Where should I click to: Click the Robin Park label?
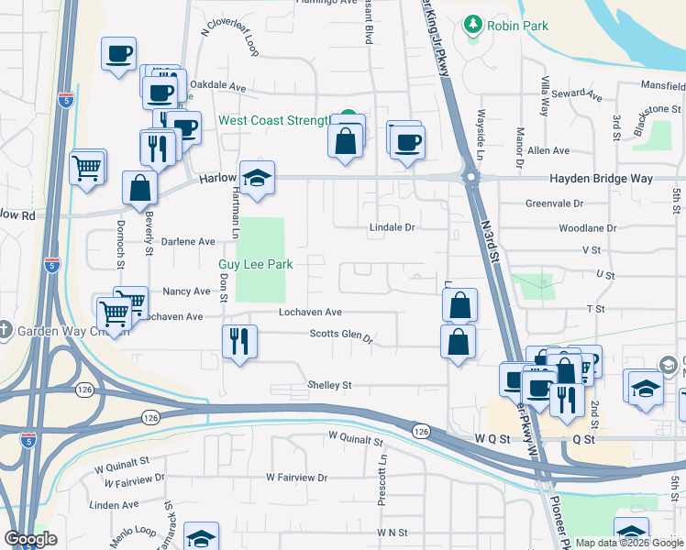[518, 26]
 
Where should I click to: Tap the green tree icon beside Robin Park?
[473, 24]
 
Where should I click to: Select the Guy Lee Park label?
[255, 264]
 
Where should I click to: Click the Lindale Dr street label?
[393, 225]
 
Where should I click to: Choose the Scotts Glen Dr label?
[341, 336]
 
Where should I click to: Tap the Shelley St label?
[329, 386]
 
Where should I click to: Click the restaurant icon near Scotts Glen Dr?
[239, 341]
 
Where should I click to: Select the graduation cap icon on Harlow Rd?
[258, 177]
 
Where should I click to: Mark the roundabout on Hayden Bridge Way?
[470, 177]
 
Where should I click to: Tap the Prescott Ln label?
[383, 480]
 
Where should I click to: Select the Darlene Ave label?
[188, 241]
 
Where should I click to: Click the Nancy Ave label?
[187, 291]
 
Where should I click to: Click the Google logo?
[30, 538]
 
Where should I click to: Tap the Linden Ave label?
[115, 504]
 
